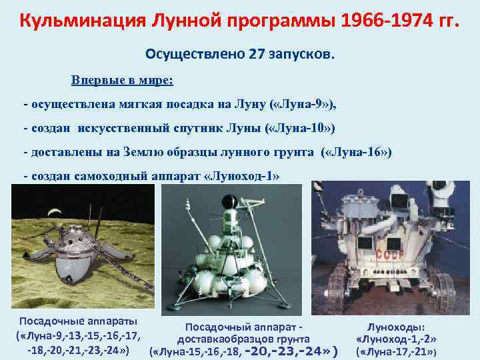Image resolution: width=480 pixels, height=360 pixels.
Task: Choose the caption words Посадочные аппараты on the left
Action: point(79,321)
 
